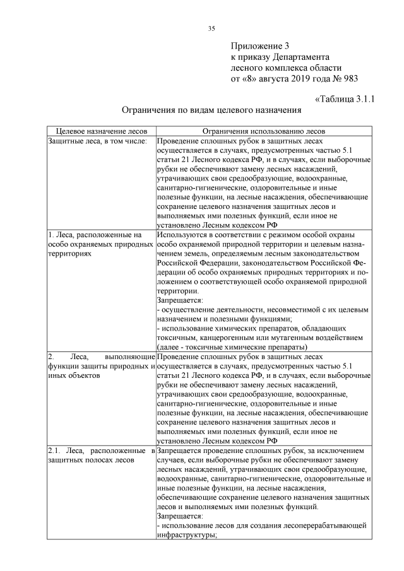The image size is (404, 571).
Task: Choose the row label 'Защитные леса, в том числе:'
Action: [97, 141]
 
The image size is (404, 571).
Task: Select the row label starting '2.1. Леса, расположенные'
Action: [101, 452]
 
